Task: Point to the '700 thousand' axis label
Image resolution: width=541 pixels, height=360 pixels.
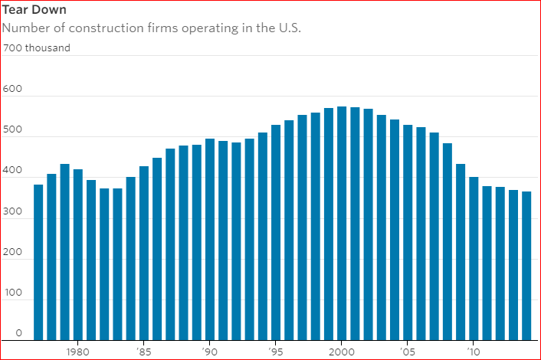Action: pos(36,48)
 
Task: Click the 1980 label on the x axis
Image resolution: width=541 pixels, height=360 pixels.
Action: pos(77,352)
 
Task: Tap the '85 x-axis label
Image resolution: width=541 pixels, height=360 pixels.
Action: pos(143,352)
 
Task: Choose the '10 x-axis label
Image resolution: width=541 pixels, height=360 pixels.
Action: pos(474,352)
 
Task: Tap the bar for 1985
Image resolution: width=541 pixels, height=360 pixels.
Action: pos(143,253)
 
